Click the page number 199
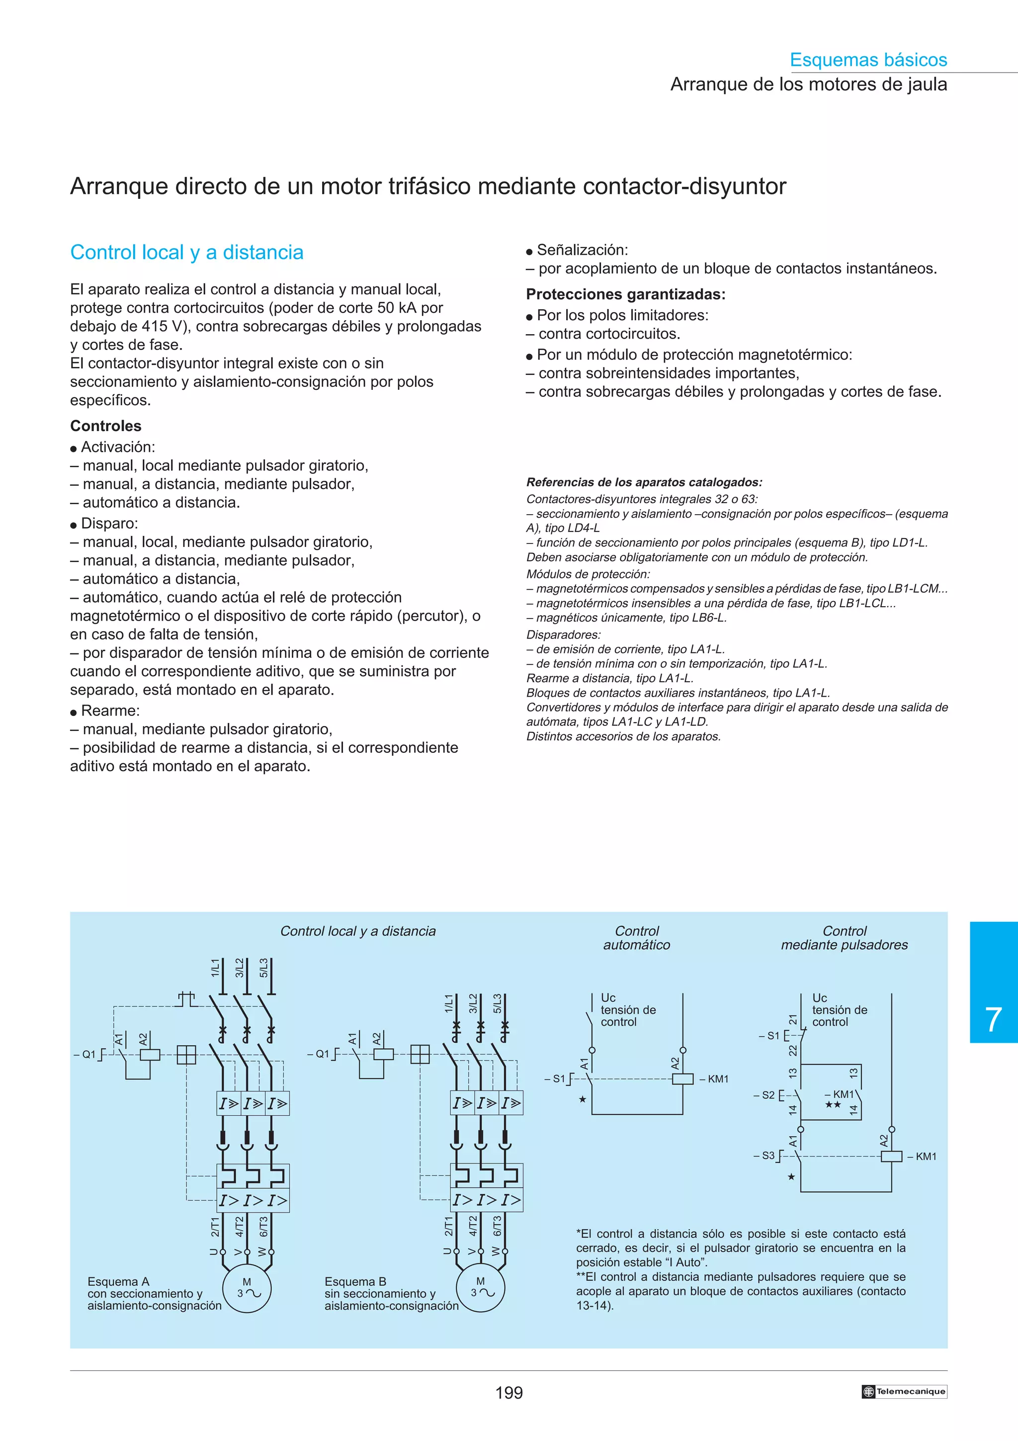point(509,1393)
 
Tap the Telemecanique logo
point(904,1391)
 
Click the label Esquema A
point(118,1281)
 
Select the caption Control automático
point(637,938)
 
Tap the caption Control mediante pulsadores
point(844,938)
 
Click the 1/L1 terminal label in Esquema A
point(216,967)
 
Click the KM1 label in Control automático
point(718,1079)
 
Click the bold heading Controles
point(105,426)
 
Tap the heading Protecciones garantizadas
point(625,294)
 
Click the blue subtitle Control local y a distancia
point(187,252)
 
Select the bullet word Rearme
point(110,711)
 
